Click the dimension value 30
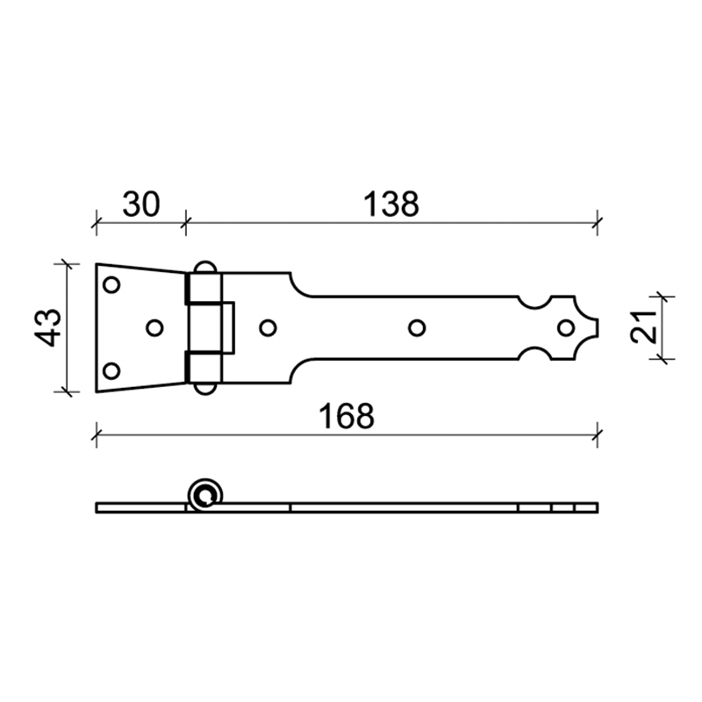140,204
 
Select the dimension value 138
391,204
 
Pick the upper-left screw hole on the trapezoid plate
111,285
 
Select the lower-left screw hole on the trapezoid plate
111,369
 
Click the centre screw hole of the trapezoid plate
154,327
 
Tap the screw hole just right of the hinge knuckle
269,327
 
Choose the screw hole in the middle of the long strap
417,327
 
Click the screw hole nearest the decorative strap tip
566,327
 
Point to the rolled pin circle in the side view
206,495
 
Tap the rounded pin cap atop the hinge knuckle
204,267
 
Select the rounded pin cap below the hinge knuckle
204,389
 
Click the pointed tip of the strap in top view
598,327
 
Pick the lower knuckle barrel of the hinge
204,367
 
